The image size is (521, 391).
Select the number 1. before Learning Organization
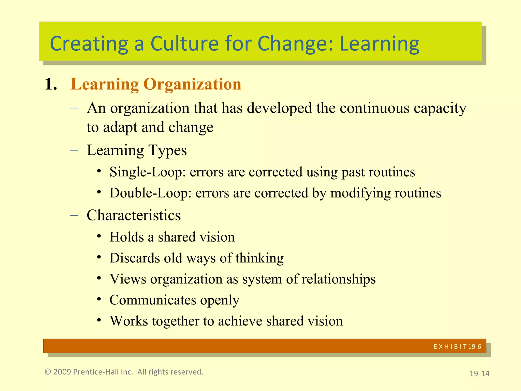[51, 84]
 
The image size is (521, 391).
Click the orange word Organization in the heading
[192, 84]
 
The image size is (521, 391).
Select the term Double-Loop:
[150, 193]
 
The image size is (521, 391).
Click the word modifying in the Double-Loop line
[360, 193]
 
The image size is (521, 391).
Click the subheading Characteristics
[134, 215]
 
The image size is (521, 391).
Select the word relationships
[339, 279]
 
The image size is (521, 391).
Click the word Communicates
[153, 300]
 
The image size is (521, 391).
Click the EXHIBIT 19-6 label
[457, 346]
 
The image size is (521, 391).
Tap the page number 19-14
[479, 373]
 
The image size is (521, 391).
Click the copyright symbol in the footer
[48, 372]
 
